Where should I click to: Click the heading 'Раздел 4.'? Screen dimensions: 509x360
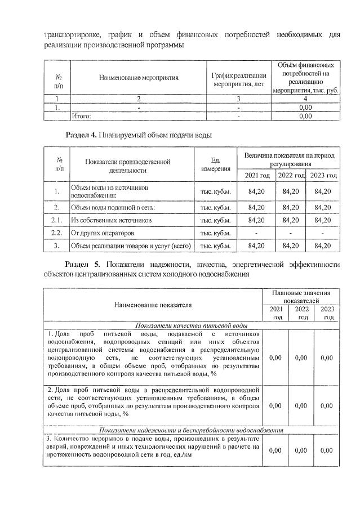(82, 136)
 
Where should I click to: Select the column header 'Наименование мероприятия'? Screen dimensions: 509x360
(138, 78)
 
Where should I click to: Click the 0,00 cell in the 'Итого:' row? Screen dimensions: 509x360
(305, 116)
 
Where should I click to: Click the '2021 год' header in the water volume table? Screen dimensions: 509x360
(256, 176)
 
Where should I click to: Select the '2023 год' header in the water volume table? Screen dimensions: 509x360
(323, 176)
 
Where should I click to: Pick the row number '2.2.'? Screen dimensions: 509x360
(56, 233)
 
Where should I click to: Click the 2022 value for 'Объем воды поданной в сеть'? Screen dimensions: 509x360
(291, 207)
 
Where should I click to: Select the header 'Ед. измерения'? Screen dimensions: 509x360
(215, 165)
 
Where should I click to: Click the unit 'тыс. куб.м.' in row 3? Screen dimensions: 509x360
(216, 245)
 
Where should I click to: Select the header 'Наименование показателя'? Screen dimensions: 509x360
(153, 305)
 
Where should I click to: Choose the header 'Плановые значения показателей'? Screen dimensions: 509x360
(301, 297)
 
